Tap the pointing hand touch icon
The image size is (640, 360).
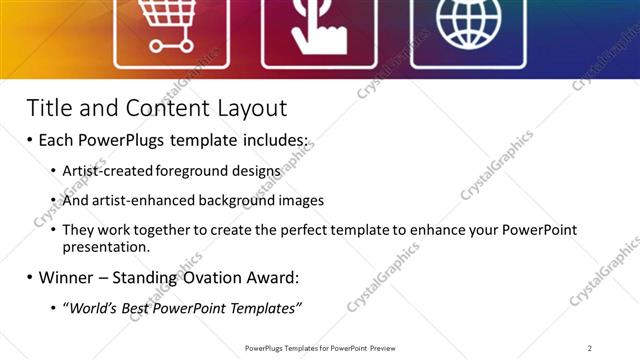(318, 27)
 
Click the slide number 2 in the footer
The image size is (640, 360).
(590, 348)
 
